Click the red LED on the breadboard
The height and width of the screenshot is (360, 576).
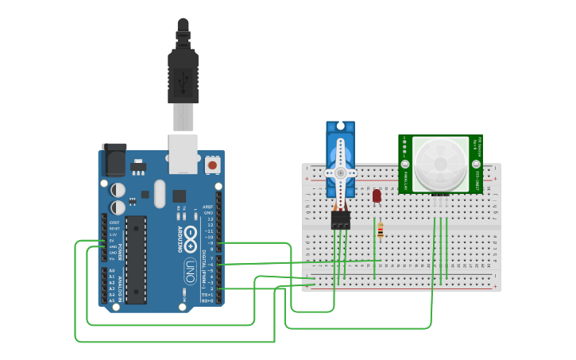tap(377, 195)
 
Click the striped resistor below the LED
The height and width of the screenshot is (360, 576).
tap(380, 231)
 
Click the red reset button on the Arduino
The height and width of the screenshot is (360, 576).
tap(213, 165)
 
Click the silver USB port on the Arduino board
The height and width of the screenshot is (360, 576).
tap(184, 153)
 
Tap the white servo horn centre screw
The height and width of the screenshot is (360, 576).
tap(341, 172)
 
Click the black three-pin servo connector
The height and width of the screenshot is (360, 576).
tap(341, 220)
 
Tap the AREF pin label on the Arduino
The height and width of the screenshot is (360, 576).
tap(208, 207)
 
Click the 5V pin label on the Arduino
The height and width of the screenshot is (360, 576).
tap(113, 241)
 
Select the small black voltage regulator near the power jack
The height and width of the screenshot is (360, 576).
tap(138, 168)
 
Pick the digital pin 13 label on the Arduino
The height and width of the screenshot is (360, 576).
tap(209, 219)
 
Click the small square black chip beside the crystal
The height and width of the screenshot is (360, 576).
tap(179, 195)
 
